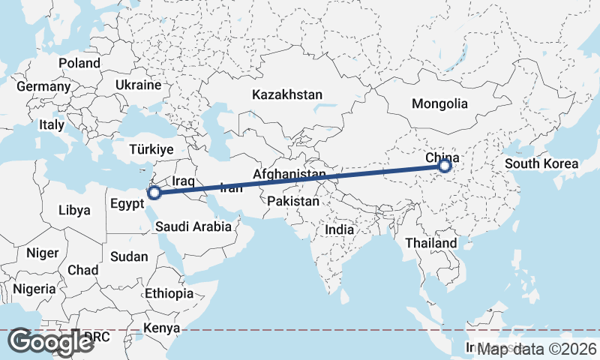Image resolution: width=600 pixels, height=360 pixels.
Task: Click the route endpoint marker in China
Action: pos(445,165)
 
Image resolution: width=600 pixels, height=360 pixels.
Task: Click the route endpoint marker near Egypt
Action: pos(154,193)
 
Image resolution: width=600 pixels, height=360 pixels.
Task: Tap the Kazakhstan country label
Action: pos(287,95)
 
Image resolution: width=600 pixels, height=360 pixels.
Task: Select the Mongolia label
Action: pos(439,104)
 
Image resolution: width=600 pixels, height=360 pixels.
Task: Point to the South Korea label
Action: pos(541,163)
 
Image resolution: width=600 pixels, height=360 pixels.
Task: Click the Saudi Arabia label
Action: pos(193,226)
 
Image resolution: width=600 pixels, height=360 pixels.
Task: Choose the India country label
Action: pos(340,230)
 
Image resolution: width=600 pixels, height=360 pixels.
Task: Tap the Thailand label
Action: pos(430,243)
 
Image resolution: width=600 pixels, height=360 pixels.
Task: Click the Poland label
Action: pos(79,63)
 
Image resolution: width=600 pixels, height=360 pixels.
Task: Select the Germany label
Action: pos(43,86)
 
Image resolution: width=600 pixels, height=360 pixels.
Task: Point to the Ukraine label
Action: pos(138,85)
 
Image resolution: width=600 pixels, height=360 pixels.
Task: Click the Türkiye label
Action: pos(151,149)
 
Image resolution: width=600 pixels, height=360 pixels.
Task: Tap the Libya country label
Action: pos(74,210)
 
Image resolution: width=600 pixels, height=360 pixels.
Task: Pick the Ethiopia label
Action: pos(169,293)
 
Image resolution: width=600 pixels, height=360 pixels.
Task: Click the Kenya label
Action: pos(162,328)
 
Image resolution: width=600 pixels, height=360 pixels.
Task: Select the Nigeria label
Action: pos(34,288)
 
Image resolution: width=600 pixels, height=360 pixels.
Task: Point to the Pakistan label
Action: pos(293,202)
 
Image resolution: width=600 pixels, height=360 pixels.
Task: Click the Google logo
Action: pos(50,342)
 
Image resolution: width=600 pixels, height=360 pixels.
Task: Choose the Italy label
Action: pos(52,125)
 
